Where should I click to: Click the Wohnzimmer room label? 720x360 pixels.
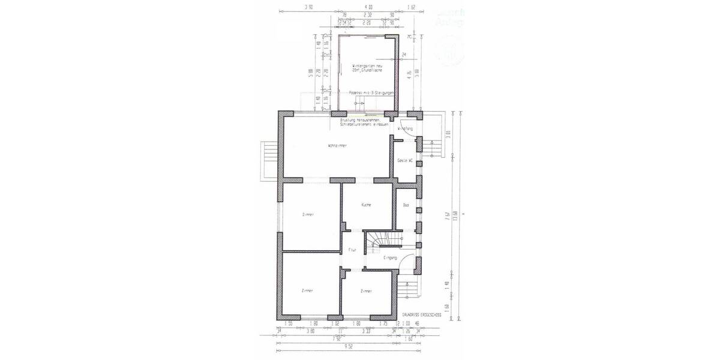[x=338, y=146]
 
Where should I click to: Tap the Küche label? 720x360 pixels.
[x=366, y=205]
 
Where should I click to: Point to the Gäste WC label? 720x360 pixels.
[x=404, y=161]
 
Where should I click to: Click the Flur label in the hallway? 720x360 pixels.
[x=353, y=250]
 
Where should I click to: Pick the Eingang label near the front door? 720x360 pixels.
[x=389, y=257]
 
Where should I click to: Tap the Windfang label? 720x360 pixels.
[x=406, y=128]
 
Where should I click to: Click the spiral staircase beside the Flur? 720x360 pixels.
[x=377, y=242]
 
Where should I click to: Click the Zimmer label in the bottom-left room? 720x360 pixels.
[x=308, y=291]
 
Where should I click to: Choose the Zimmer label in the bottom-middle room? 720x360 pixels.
[x=367, y=291]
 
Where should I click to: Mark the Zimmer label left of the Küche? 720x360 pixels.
[x=308, y=214]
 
